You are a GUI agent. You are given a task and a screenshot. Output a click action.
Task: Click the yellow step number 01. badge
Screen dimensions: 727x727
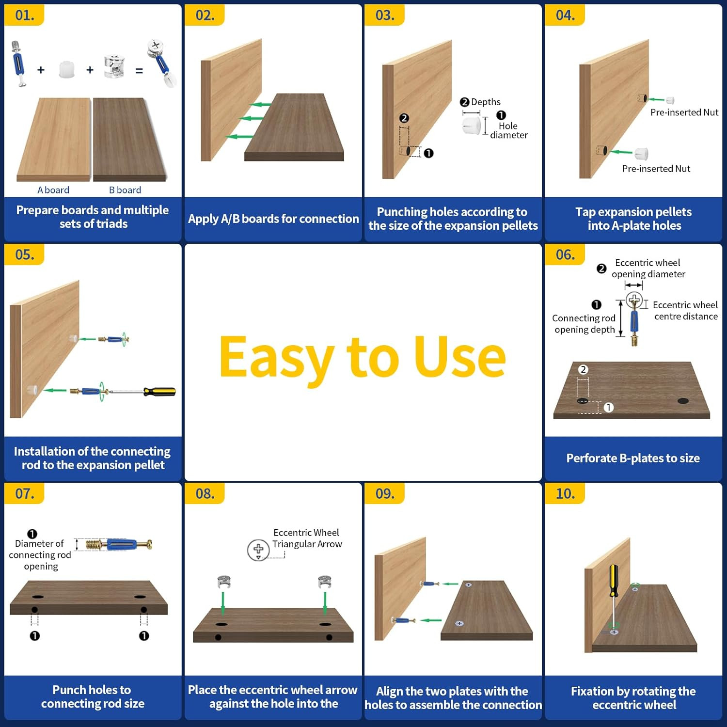[x=24, y=15]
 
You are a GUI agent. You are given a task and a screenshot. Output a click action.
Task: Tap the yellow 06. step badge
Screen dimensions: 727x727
[x=565, y=254]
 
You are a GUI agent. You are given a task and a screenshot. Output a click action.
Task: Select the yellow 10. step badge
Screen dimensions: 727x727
[x=565, y=493]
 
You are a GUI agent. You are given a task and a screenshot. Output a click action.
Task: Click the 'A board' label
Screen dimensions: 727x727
[x=53, y=190]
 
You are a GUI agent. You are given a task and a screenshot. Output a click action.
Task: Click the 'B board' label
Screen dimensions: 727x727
[x=125, y=190]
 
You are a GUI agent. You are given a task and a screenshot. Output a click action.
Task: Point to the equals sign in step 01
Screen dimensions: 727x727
[x=139, y=71]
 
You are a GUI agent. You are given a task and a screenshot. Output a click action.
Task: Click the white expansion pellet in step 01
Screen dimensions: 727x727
[x=67, y=69]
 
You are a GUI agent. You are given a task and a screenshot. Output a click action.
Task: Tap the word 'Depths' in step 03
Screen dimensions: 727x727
[x=486, y=102]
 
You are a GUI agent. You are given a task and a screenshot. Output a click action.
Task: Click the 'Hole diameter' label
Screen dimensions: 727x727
[x=509, y=130]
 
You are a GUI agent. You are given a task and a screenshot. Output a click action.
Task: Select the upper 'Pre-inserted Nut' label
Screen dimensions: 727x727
[x=684, y=112]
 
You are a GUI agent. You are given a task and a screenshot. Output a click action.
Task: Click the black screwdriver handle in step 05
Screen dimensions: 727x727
[x=159, y=391]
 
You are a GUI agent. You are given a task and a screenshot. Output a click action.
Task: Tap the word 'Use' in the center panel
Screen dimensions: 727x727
[x=460, y=357]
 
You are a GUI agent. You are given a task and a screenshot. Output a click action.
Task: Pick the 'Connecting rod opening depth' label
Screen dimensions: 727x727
[x=584, y=324]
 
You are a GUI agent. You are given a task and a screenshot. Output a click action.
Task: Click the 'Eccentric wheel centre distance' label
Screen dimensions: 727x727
[x=685, y=311]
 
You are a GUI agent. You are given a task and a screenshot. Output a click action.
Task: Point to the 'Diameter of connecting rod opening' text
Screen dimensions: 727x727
[x=40, y=555]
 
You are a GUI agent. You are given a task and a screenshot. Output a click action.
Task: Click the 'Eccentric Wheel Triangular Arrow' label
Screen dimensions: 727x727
[x=307, y=538]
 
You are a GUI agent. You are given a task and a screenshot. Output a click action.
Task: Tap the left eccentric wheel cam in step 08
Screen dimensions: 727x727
[x=224, y=582]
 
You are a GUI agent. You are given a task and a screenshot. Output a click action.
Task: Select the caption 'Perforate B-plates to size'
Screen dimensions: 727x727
[x=633, y=458]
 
